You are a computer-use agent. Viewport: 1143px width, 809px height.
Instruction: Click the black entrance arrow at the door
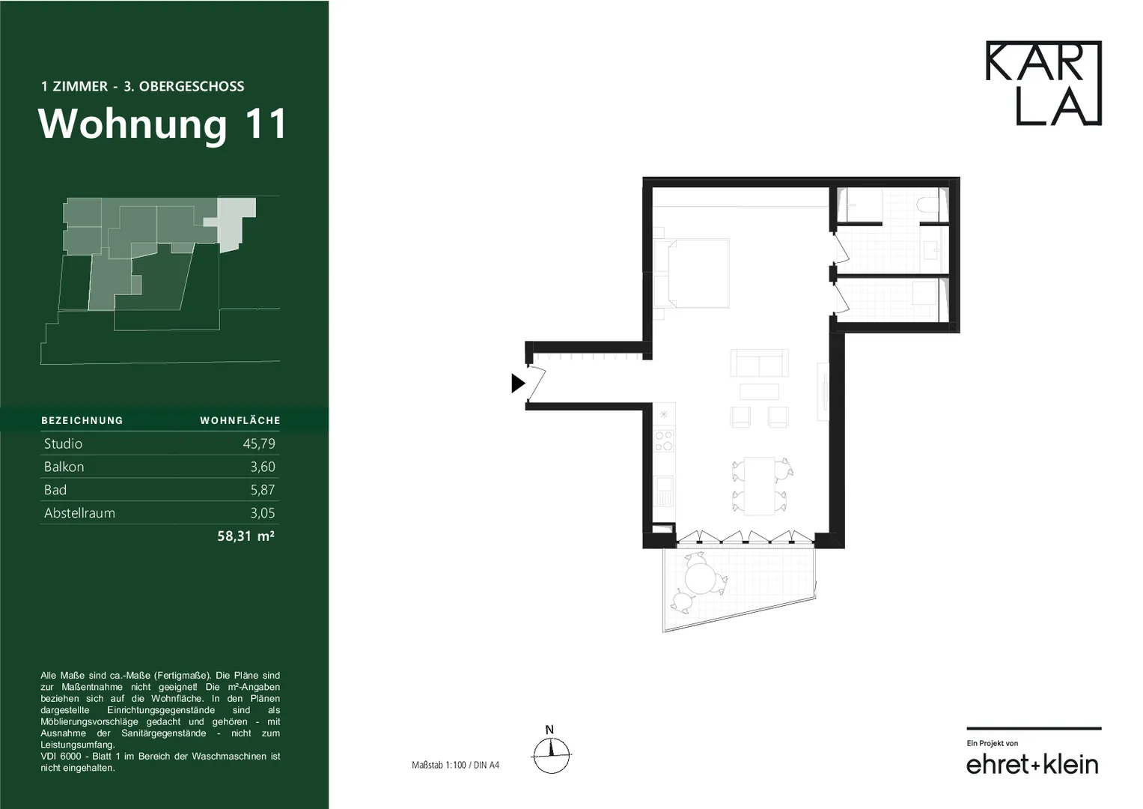[x=518, y=383]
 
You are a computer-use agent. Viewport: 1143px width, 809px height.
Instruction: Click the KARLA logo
[x=1043, y=82]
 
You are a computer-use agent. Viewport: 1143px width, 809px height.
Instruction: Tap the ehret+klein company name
[x=1031, y=765]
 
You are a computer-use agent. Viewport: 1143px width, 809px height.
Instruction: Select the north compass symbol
[x=551, y=751]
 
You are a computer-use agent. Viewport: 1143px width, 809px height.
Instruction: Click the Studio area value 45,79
[x=259, y=443]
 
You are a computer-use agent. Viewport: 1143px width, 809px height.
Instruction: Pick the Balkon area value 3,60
[x=262, y=467]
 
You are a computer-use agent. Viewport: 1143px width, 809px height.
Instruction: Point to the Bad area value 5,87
[x=262, y=490]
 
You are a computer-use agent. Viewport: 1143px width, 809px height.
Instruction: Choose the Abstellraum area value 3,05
[x=262, y=513]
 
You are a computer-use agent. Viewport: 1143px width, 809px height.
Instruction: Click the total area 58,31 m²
[x=246, y=536]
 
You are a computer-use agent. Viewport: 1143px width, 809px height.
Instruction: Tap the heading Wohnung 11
[x=162, y=124]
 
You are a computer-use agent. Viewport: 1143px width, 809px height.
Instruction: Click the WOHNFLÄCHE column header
[x=240, y=420]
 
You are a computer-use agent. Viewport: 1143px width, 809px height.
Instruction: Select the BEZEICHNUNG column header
[x=82, y=420]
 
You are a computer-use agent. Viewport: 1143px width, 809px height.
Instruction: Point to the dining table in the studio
[x=760, y=485]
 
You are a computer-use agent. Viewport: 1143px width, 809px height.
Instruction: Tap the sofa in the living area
[x=759, y=363]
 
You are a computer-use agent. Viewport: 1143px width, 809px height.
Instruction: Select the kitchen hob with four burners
[x=664, y=441]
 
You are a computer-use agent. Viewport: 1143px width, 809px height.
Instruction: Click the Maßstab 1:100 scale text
[x=455, y=765]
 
